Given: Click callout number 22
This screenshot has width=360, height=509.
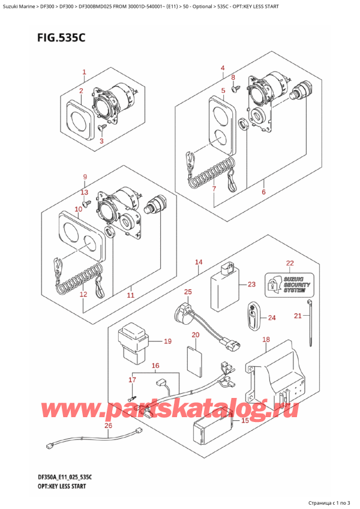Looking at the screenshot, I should click(x=290, y=264).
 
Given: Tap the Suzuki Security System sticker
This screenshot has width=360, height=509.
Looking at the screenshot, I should click(x=288, y=284).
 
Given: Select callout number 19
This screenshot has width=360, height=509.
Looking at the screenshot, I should click(x=167, y=342).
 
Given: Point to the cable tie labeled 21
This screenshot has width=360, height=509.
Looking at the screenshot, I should click(x=310, y=330).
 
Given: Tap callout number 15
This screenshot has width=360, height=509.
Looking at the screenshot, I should click(x=244, y=421).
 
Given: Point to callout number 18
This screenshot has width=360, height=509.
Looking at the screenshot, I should click(x=266, y=340).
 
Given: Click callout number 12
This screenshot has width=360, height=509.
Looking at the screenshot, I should click(x=83, y=295).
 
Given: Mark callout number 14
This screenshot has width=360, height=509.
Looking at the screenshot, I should click(x=199, y=262).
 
